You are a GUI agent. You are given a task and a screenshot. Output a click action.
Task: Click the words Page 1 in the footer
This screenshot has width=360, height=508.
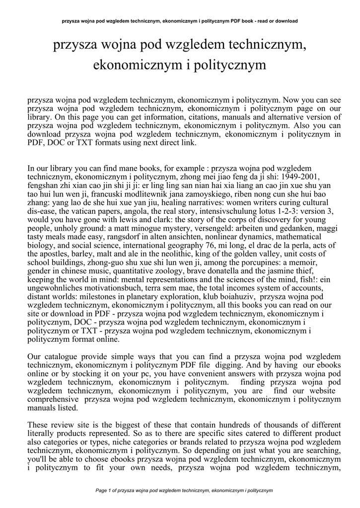(x=103, y=491)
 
